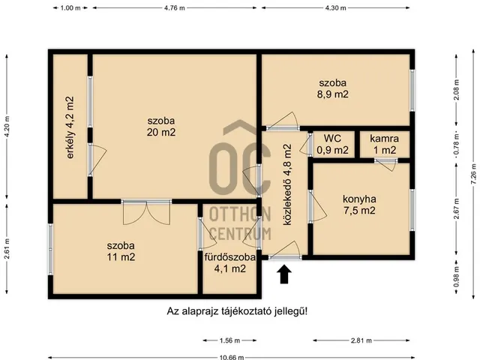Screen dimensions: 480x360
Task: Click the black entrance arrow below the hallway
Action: pyautogui.click(x=285, y=274)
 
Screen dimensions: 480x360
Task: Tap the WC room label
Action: pyautogui.click(x=332, y=138)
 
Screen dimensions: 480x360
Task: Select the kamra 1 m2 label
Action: pyautogui.click(x=384, y=144)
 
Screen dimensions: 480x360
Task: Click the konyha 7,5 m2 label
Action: pyautogui.click(x=359, y=205)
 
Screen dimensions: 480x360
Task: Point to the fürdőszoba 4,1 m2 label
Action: pyautogui.click(x=230, y=262)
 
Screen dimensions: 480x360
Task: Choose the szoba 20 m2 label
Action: pyautogui.click(x=161, y=127)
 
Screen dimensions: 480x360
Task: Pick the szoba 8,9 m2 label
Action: pyautogui.click(x=333, y=88)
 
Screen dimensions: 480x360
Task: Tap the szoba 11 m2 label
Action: pyautogui.click(x=121, y=251)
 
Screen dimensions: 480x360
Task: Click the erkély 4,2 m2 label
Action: pyautogui.click(x=70, y=127)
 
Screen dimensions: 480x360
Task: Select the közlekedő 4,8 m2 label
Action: pyautogui.click(x=287, y=184)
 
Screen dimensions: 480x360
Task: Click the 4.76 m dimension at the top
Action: pyautogui.click(x=175, y=8)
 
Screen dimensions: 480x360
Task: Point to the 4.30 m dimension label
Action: pyautogui.click(x=335, y=8)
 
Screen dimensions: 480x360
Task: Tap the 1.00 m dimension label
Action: pyautogui.click(x=70, y=8)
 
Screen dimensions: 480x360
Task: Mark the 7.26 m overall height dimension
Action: pyautogui.click(x=474, y=174)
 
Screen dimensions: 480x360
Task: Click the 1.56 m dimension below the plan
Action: pyautogui.click(x=230, y=340)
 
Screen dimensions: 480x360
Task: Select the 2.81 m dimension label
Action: pyautogui.click(x=361, y=340)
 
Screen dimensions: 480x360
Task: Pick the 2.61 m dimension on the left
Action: pyautogui.click(x=7, y=248)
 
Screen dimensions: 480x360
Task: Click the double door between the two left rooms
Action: pyautogui.click(x=147, y=212)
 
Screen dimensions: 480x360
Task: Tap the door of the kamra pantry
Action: pyautogui.click(x=386, y=164)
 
